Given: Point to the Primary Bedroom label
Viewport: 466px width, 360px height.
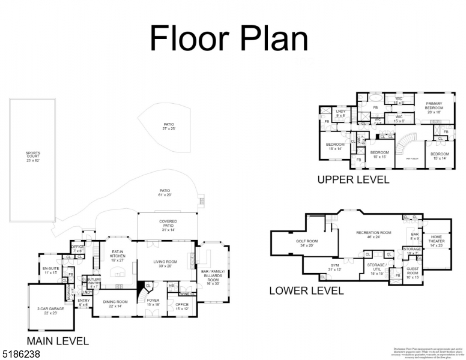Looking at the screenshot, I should click(434, 107).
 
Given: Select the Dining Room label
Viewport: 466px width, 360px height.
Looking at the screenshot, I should click(115, 304).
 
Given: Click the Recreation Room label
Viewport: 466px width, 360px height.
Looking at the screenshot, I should click(374, 235).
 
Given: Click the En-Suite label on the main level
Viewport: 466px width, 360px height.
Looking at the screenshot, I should click(50, 269).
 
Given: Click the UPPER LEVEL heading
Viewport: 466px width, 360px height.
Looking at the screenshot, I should click(353, 179).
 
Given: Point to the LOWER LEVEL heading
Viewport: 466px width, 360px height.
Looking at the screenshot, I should click(306, 291).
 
